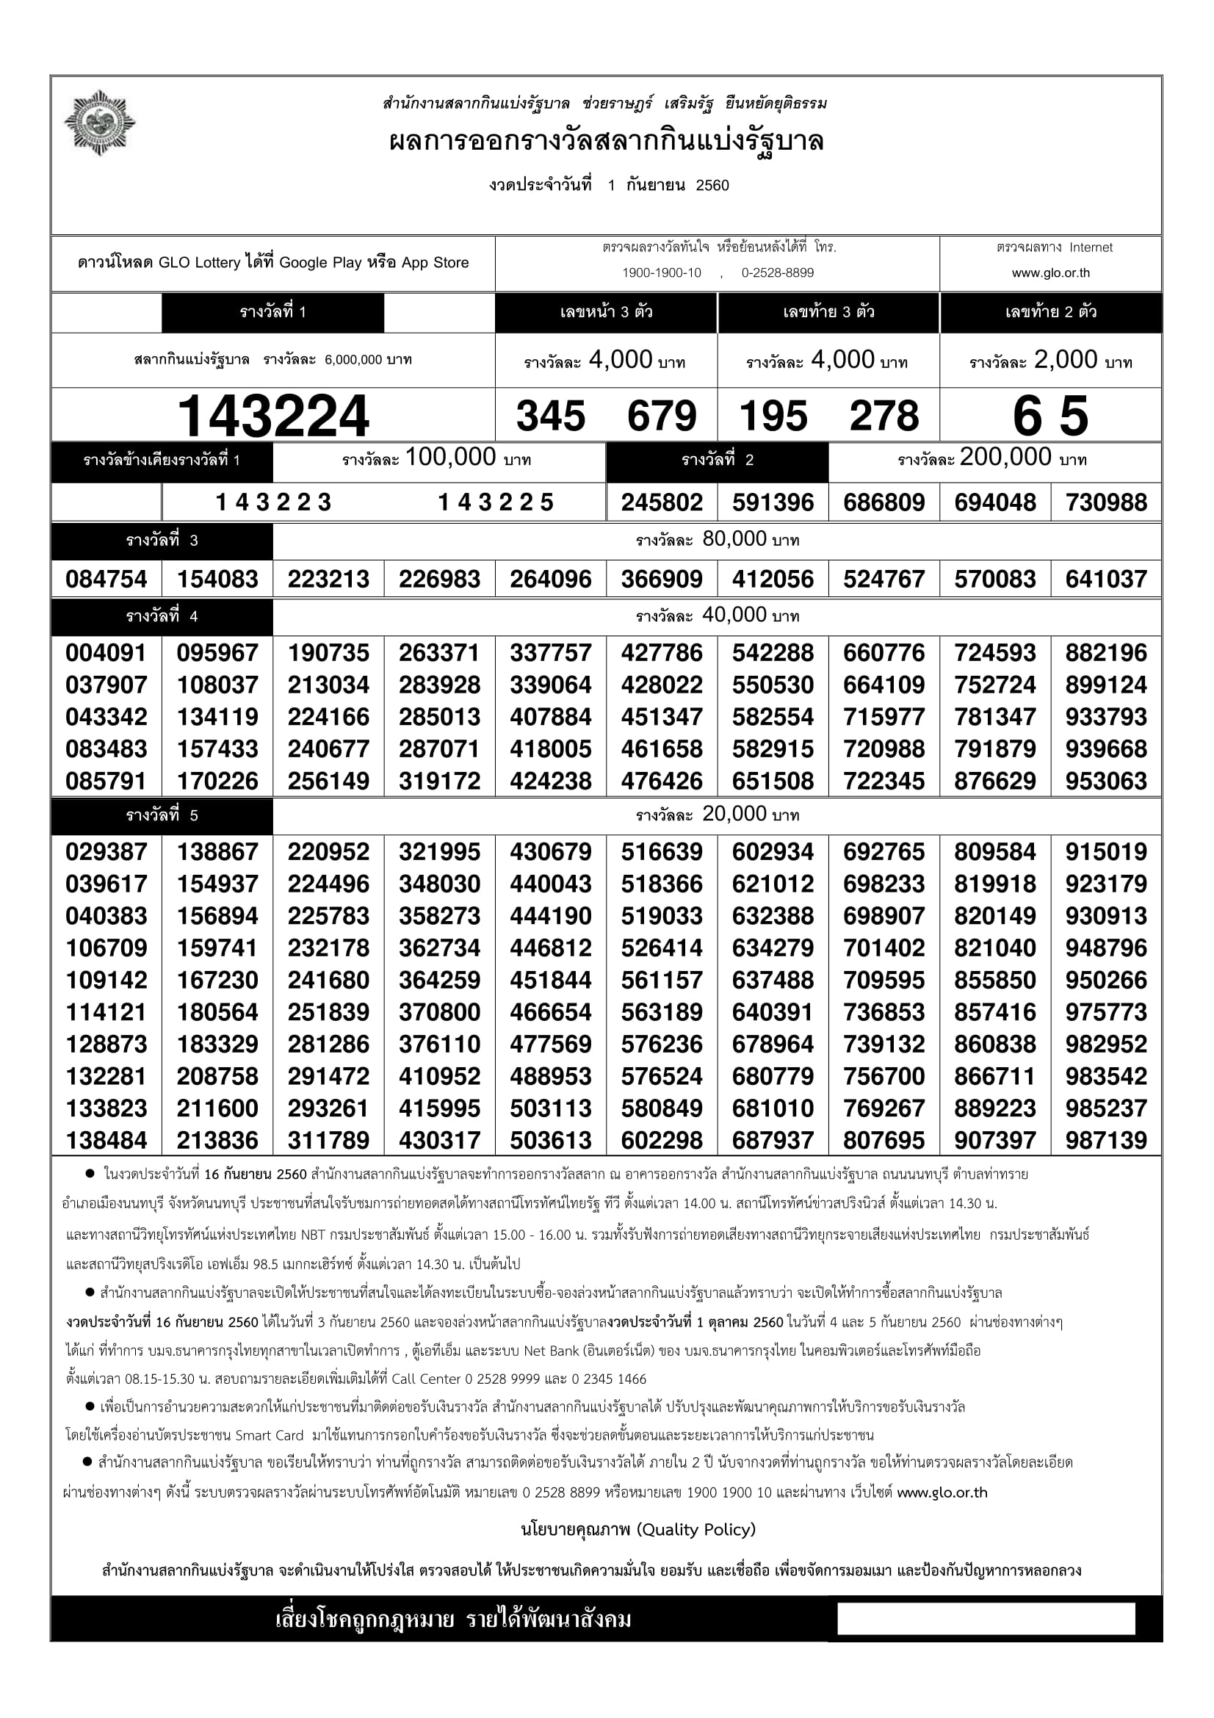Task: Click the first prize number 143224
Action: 273,416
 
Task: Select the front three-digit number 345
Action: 551,416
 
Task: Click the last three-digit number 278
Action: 884,416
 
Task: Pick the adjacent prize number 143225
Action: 495,502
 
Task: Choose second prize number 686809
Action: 884,502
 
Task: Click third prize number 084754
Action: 106,578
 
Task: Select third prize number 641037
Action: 1105,578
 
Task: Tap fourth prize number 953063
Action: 1105,781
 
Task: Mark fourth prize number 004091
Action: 106,652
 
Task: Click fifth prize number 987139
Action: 1105,1140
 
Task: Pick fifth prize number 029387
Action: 106,851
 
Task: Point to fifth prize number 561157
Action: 661,980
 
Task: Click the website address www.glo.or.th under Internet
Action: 1050,273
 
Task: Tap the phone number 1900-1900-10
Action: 661,273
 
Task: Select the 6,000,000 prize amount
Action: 353,360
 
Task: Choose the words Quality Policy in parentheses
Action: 696,1529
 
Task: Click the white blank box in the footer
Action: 985,1619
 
